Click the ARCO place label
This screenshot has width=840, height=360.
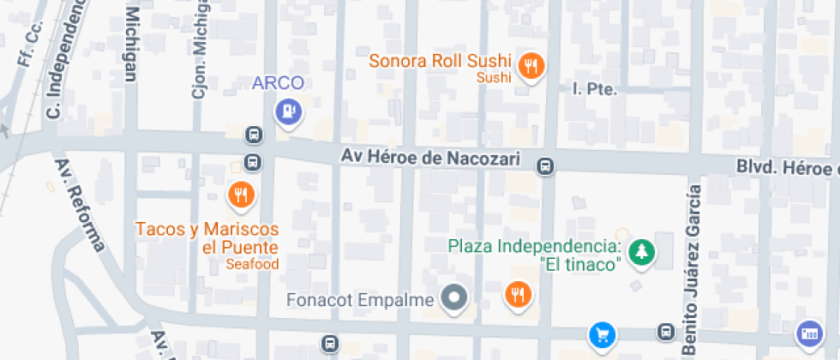click(278, 83)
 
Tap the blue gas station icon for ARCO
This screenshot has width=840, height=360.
click(288, 111)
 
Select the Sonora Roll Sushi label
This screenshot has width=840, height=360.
click(440, 62)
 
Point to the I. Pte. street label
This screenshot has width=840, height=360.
click(594, 88)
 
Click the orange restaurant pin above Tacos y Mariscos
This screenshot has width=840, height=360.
click(243, 195)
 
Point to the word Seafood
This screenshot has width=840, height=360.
click(253, 264)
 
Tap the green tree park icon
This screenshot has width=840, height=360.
click(641, 252)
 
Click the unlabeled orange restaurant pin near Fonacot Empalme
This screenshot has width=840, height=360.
click(518, 295)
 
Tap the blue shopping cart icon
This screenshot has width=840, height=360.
click(602, 333)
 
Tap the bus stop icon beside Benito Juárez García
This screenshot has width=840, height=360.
click(665, 331)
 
